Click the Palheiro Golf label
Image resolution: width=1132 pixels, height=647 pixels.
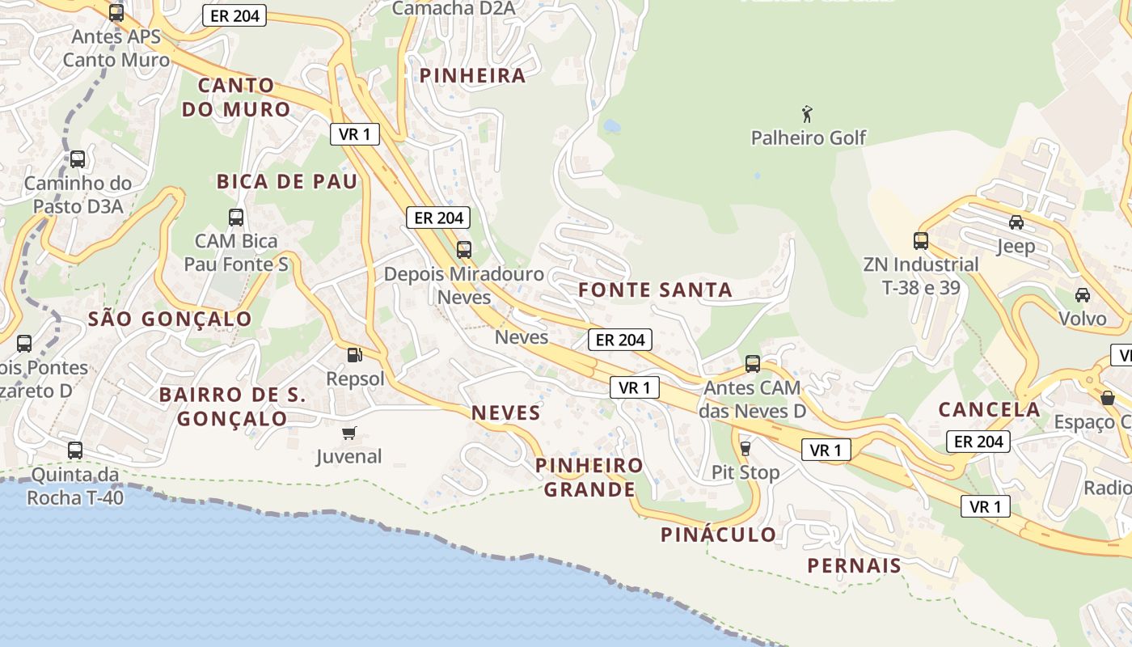tap(808, 138)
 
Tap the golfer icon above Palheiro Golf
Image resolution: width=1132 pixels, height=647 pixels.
tap(806, 114)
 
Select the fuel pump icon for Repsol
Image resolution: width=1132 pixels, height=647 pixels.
tap(353, 354)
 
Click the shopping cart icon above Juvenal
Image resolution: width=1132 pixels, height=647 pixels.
tap(348, 433)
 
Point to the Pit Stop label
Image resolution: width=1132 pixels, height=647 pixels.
tap(746, 472)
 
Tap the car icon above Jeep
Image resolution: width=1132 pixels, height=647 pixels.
tap(1016, 222)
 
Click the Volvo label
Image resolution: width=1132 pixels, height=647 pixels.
tap(1083, 319)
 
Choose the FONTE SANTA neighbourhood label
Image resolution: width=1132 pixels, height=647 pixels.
tap(655, 290)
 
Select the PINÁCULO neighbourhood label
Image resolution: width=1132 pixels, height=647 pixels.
tap(718, 535)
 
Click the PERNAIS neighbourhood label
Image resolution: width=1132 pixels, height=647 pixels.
tap(854, 565)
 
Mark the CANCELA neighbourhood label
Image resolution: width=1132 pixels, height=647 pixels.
tap(989, 409)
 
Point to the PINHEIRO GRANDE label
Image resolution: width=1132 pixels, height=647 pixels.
tap(589, 477)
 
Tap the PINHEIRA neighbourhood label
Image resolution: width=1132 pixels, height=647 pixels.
tap(472, 76)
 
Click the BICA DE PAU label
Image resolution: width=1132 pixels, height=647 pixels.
tap(286, 182)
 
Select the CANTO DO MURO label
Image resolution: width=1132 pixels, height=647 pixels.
tap(235, 97)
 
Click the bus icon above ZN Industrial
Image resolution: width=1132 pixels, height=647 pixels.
tap(920, 240)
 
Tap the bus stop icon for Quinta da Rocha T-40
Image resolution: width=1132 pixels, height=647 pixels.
tap(75, 450)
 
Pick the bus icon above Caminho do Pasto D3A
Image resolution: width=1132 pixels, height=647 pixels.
tap(78, 159)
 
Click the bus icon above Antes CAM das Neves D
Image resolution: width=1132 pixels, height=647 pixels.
tap(753, 364)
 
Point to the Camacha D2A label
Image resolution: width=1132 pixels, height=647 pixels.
tap(453, 9)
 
